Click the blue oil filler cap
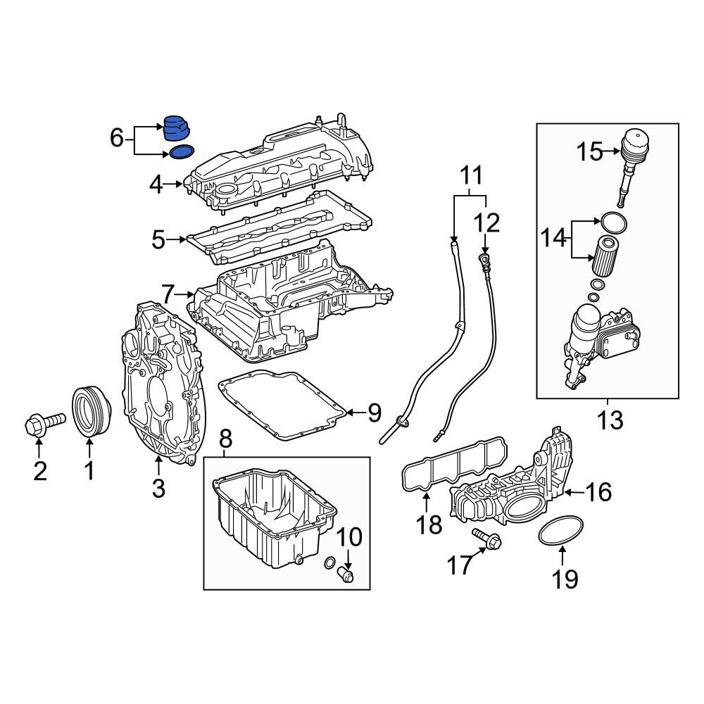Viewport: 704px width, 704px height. [x=177, y=129]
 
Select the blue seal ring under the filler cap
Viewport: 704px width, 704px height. [x=182, y=152]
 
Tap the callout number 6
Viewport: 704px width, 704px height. [x=117, y=138]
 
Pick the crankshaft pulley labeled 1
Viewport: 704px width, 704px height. [x=92, y=410]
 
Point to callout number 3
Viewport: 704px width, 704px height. [x=158, y=488]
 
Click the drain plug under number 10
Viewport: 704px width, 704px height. [x=345, y=574]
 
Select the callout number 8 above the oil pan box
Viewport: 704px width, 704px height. [x=225, y=439]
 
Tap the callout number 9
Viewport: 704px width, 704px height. [x=374, y=413]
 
